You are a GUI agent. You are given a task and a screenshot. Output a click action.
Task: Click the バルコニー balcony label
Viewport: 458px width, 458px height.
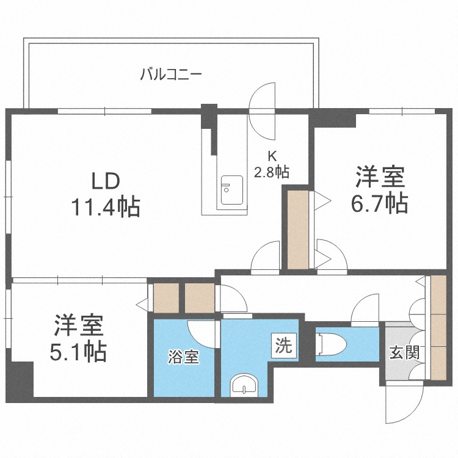(171, 74)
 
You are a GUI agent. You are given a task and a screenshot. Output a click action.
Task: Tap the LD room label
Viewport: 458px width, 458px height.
(106, 181)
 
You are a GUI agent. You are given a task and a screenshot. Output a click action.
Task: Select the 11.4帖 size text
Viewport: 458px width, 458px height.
(106, 207)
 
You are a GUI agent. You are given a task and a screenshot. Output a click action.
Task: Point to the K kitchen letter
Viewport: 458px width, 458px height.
(272, 156)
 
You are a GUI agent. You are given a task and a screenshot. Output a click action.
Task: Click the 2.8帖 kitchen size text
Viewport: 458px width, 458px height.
(272, 172)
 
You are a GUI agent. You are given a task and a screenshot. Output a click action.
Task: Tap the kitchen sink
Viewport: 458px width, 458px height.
(231, 190)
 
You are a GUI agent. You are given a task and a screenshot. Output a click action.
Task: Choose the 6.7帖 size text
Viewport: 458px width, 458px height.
(379, 203)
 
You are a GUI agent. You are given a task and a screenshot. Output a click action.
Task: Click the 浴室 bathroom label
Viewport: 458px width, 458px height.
(183, 357)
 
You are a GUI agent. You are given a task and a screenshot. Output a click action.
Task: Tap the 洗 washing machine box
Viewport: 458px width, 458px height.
(284, 346)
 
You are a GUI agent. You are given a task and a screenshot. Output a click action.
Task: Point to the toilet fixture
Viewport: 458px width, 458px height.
(331, 345)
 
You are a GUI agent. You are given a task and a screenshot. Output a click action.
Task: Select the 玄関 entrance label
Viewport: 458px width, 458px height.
(404, 352)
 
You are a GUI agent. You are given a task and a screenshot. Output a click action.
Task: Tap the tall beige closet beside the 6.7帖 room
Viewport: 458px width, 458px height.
(298, 230)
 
